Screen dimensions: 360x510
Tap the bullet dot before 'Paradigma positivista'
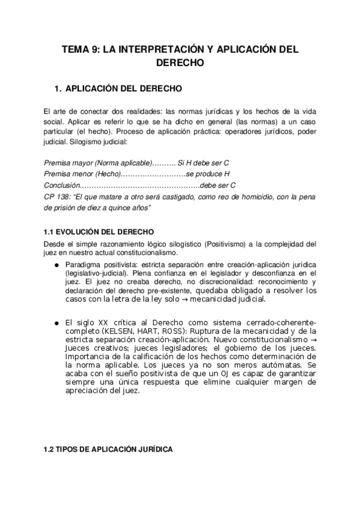pos(56,265)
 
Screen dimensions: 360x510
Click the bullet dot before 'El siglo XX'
pos(56,322)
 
